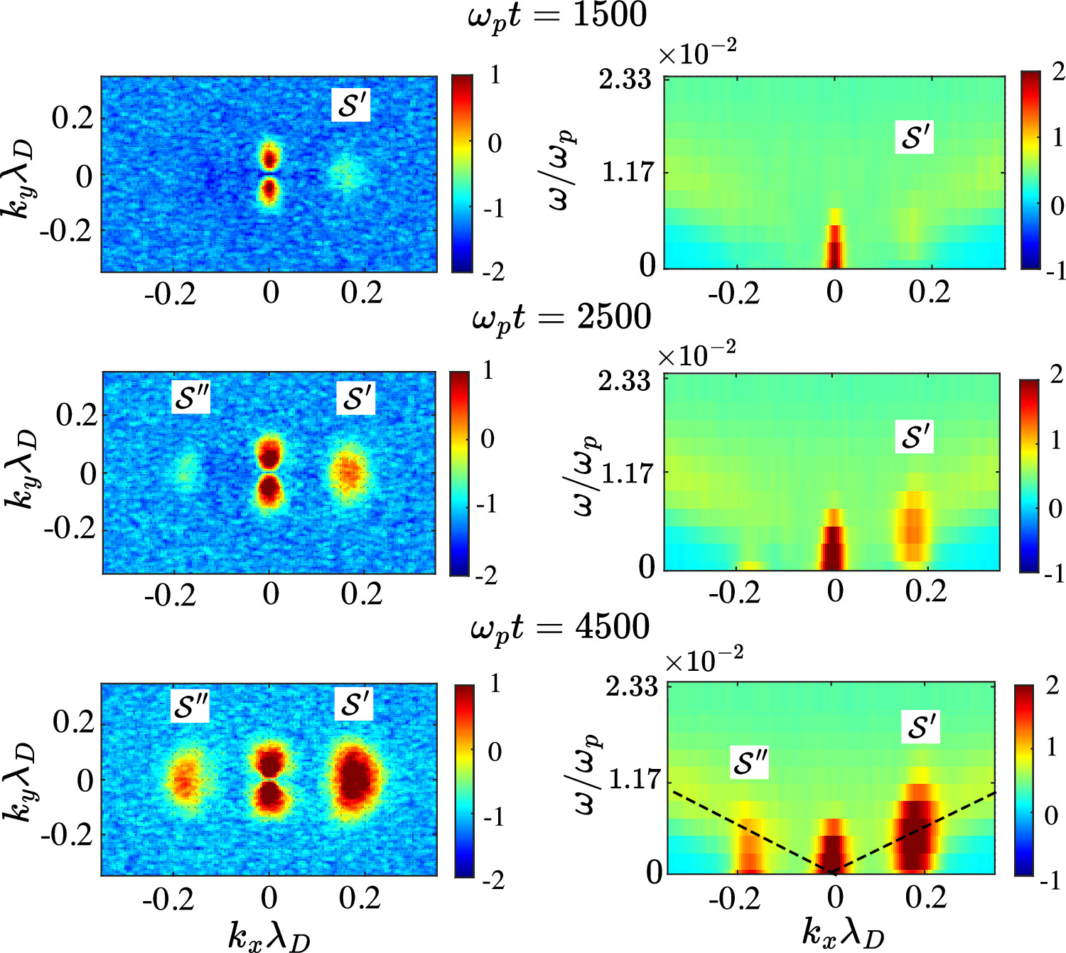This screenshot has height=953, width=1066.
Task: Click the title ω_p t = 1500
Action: pos(558,16)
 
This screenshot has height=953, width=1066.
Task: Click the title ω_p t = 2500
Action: pos(561,317)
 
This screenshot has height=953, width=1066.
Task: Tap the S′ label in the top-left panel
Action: pos(352,105)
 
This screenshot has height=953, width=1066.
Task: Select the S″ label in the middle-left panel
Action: pos(191,398)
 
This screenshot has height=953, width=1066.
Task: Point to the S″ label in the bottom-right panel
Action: pos(750,763)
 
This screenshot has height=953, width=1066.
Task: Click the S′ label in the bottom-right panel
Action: pos(922,727)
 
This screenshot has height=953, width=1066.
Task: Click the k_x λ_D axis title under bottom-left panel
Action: pos(269,935)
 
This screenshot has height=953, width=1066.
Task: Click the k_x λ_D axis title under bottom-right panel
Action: pos(843,933)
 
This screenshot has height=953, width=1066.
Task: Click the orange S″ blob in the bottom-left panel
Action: pos(186,780)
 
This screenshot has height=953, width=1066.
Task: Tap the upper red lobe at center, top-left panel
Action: pos(269,156)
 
